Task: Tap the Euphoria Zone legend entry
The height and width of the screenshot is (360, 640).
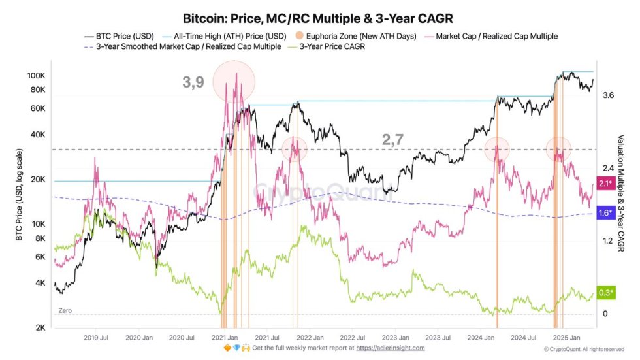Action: tap(356, 36)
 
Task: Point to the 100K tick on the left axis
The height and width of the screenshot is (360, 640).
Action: tap(35, 76)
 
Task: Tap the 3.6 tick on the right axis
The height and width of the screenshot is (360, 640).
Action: tap(609, 95)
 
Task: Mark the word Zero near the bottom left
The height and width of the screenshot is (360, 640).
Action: tap(65, 311)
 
